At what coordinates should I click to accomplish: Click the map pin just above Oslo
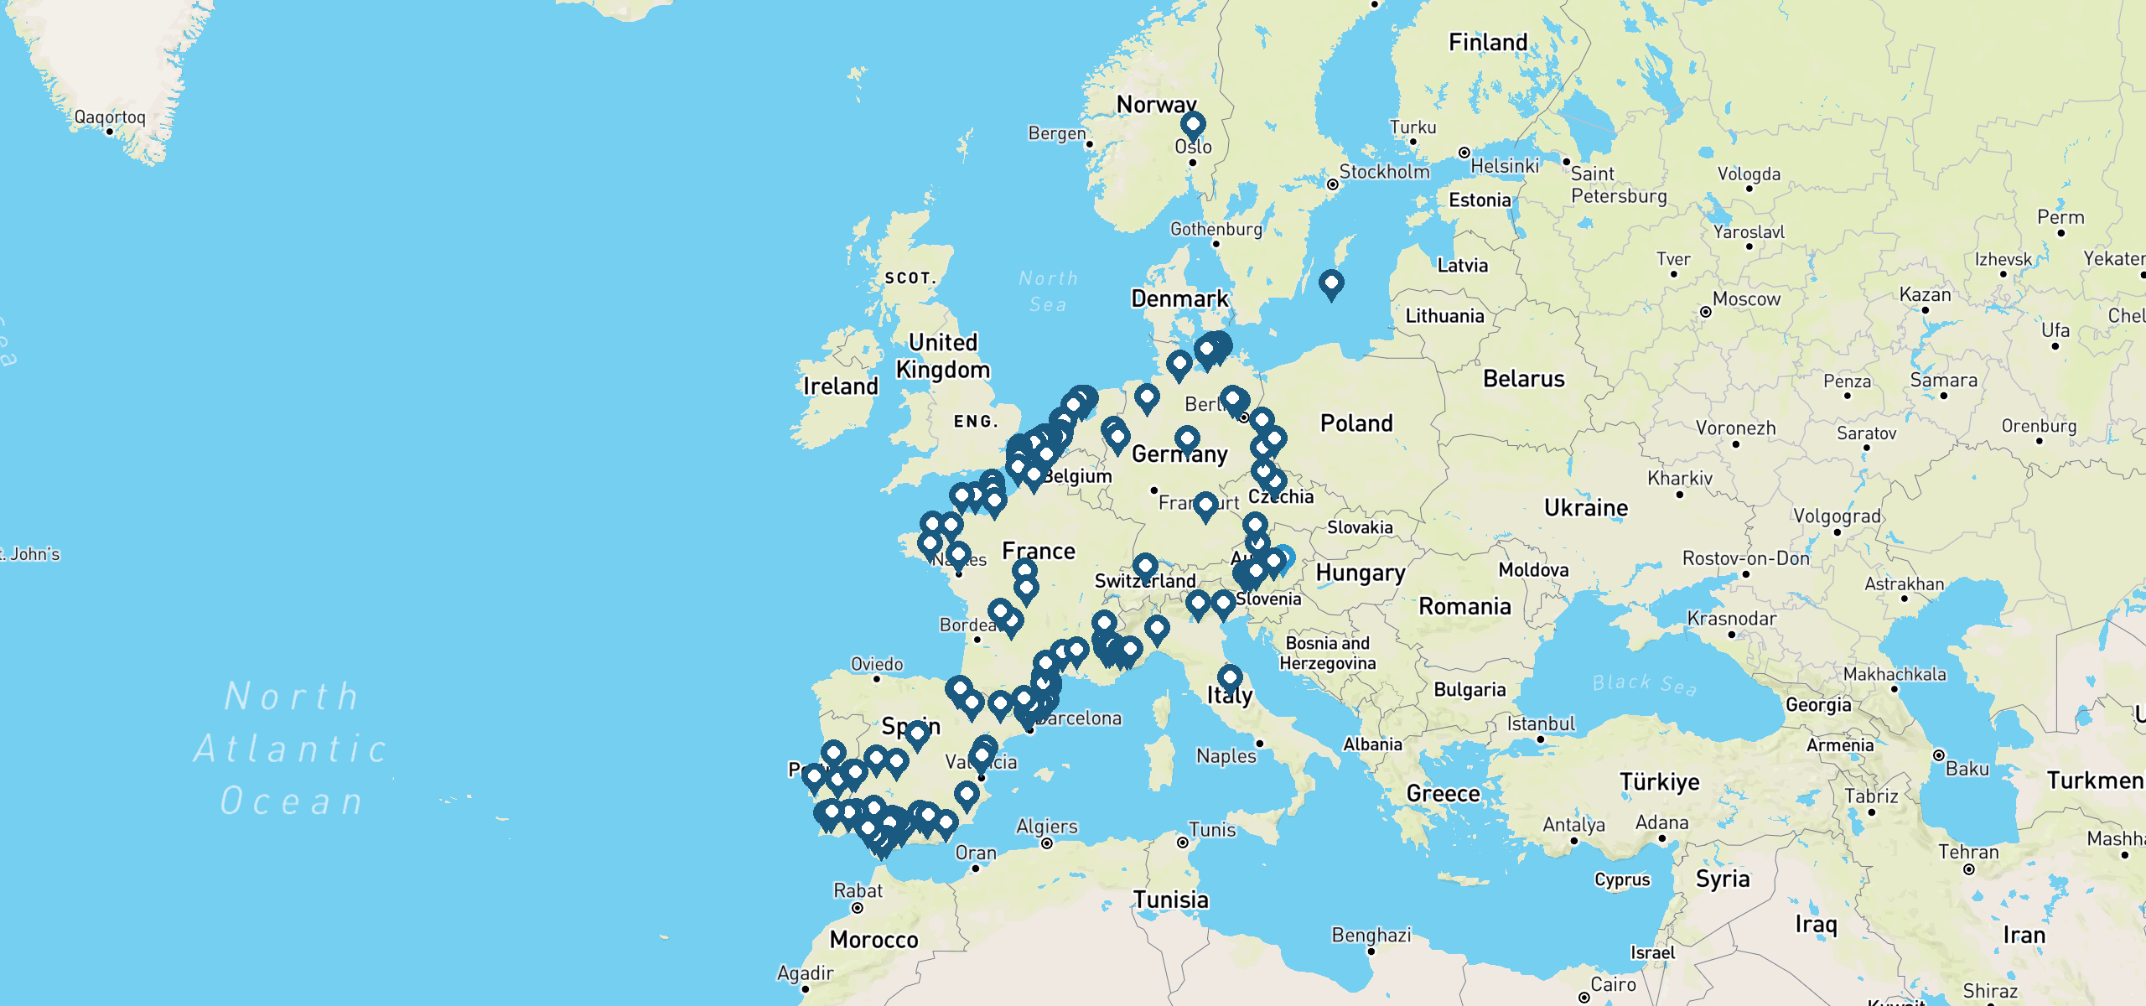pos(1193,126)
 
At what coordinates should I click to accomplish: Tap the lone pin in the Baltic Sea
pos(1331,283)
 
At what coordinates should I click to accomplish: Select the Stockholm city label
pos(1384,172)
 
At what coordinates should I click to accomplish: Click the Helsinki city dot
pos(1464,153)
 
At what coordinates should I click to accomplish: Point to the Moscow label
pos(1746,299)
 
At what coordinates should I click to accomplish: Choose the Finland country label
pos(1488,42)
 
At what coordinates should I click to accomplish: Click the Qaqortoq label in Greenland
pos(110,117)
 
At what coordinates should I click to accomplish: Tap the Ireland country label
pos(841,386)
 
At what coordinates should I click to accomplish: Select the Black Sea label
pos(1645,684)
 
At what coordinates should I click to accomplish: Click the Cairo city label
pos(1613,984)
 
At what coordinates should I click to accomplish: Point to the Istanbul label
pos(1541,723)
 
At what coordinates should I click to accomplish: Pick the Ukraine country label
pos(1586,508)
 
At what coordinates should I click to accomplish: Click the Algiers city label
pos(1047,827)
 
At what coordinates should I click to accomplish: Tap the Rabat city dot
pos(858,908)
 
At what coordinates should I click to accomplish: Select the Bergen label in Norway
pos(1057,133)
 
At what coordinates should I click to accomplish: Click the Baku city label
pos(1967,769)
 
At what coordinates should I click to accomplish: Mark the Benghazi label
pos(1371,935)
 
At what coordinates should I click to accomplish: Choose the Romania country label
pos(1464,606)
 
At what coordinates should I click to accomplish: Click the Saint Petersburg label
pos(1618,184)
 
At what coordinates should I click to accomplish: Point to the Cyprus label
pos(1622,880)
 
